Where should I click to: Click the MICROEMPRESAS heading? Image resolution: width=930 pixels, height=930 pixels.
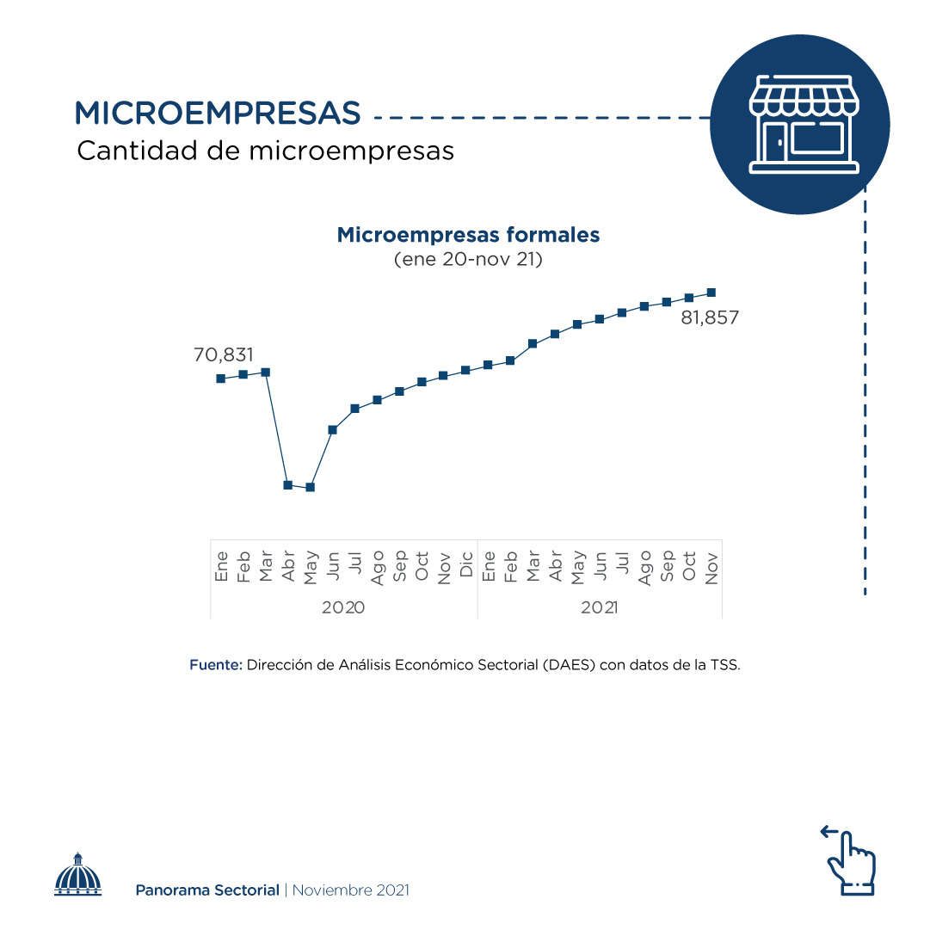[217, 113]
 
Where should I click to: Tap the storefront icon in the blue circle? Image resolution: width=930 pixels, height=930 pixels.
[800, 124]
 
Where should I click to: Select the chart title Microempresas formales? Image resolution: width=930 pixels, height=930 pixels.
[468, 235]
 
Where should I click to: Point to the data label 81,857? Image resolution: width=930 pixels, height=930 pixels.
[710, 317]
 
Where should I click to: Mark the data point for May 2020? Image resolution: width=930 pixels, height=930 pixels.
[310, 487]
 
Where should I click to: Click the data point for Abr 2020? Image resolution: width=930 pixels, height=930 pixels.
[287, 484]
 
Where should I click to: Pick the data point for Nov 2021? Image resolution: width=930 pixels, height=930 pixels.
[711, 293]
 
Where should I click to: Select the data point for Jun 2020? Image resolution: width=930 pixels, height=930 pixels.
[332, 429]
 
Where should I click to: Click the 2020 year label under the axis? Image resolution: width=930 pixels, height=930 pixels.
[343, 607]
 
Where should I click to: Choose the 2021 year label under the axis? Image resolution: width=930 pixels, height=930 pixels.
[599, 607]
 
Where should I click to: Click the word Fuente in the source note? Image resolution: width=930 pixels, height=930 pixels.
[215, 665]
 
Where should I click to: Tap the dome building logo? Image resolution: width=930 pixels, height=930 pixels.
[78, 875]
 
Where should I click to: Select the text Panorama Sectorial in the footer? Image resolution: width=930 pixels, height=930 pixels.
[207, 890]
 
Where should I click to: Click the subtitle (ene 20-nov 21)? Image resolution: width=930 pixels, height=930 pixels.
[468, 259]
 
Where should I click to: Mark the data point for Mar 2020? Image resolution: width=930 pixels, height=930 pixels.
[265, 372]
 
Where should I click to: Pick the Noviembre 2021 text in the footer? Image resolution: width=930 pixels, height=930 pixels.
[350, 890]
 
